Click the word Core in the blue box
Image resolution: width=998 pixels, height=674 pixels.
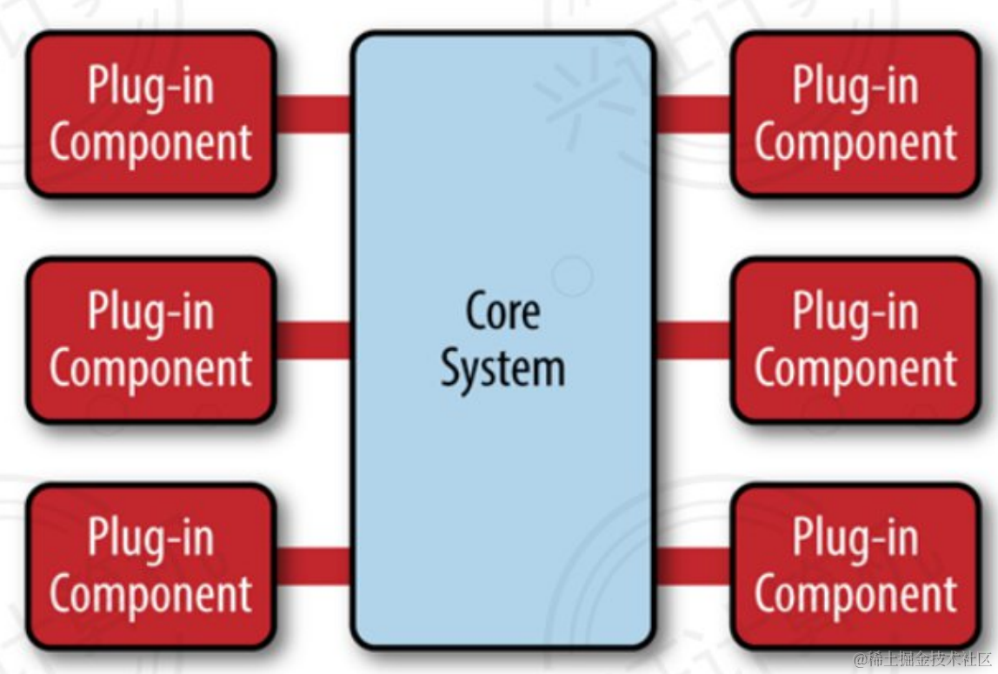point(502,311)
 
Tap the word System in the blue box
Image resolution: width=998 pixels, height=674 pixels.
point(502,369)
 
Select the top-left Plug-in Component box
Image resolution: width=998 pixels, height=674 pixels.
point(151,114)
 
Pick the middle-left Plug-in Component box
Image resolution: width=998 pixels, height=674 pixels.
point(151,340)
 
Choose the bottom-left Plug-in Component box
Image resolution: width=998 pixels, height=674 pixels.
point(151,566)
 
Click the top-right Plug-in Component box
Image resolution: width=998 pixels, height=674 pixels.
point(855,114)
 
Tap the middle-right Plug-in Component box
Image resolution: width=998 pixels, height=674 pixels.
point(855,340)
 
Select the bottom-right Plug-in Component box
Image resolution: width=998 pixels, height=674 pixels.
point(855,566)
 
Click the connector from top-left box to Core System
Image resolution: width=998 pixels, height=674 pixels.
point(313,115)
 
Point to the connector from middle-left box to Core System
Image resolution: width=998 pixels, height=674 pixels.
point(313,340)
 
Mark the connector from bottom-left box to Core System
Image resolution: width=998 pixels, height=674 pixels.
point(313,566)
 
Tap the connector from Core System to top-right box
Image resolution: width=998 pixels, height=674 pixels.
point(693,115)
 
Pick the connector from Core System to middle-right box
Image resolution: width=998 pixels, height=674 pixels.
point(693,340)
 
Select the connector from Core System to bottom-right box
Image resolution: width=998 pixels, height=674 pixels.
point(693,566)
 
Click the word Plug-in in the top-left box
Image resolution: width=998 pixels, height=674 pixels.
point(151,87)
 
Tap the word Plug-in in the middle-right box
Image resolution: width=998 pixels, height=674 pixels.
point(855,312)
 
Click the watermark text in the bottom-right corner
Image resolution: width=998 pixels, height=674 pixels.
point(922,658)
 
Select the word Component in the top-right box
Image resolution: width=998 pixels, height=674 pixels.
point(855,142)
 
